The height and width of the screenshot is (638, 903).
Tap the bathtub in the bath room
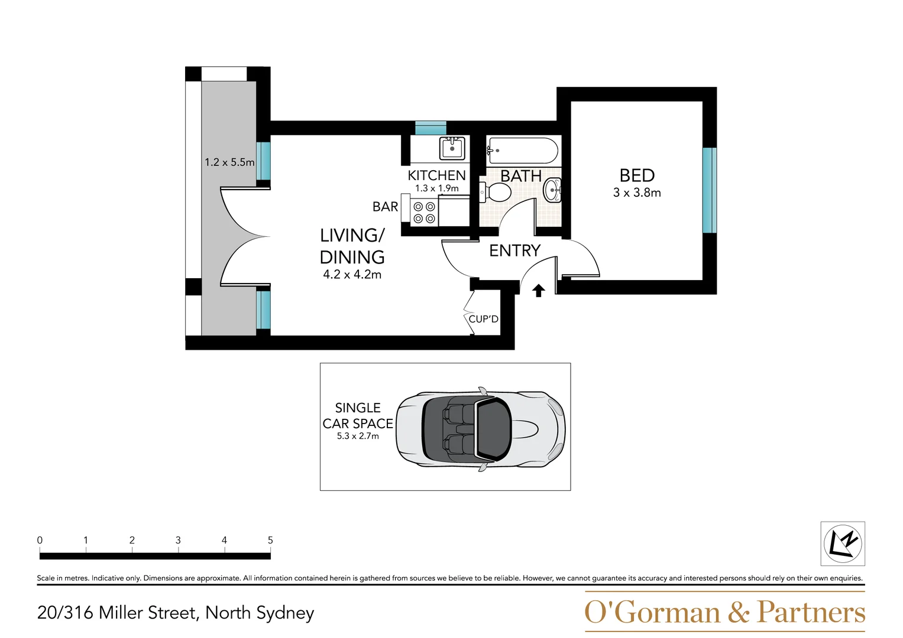point(522,151)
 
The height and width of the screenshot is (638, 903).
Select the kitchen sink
point(452,148)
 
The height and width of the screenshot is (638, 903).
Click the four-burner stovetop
point(424,213)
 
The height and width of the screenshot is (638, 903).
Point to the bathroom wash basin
point(553,190)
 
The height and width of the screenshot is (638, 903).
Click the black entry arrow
point(538,291)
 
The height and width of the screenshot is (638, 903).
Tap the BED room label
point(637,175)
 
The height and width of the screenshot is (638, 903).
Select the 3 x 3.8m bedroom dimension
point(637,193)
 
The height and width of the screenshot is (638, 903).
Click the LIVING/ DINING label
point(352,246)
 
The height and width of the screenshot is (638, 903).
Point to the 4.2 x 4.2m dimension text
point(352,275)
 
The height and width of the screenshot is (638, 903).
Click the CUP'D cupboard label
point(483,319)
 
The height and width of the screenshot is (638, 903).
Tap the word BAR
point(385,207)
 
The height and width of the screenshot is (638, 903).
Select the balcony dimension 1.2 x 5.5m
point(229,162)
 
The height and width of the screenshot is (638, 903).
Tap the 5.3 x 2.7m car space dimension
point(358,436)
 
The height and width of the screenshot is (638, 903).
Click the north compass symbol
point(842,543)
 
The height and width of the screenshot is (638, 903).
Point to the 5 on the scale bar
point(270,540)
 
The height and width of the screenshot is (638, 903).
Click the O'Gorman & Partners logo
point(724,613)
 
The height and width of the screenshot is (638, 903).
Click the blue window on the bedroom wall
point(709,190)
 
